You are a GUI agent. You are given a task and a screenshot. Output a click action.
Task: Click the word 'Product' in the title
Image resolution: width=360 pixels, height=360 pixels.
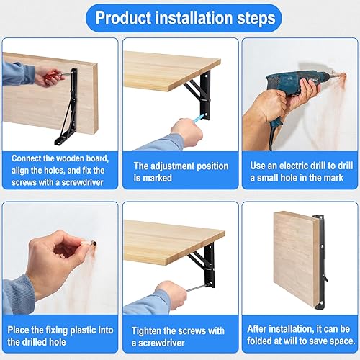pos(123,18)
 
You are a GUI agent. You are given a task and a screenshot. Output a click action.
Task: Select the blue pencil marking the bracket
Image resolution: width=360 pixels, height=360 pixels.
pos(199,118)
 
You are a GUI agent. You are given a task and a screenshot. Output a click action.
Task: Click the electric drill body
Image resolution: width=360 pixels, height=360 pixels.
pos(295,81)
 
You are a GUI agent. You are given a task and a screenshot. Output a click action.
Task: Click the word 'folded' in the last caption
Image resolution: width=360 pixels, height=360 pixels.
pos(260,341)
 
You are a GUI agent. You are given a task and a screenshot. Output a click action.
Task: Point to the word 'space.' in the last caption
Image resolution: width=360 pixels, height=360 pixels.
pos(343,341)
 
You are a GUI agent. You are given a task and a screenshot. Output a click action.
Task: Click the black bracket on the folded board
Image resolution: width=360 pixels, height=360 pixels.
pos(321,261)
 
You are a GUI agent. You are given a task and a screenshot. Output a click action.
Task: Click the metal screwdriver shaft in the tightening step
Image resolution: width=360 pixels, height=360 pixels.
pos(196,288)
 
